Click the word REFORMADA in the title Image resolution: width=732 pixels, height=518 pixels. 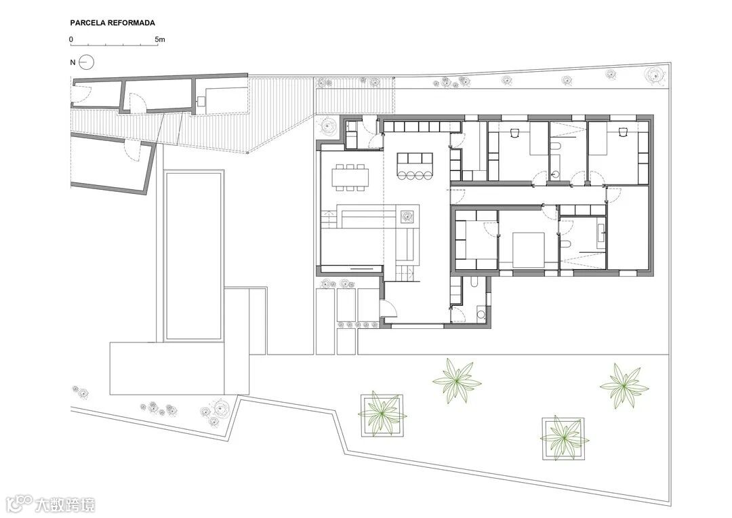131,22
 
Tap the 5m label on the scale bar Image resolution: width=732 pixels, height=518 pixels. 160,40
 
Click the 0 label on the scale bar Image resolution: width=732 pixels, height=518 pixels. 71,40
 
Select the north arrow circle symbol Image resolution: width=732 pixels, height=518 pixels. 86,62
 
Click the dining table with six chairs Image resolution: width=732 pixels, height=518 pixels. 350,177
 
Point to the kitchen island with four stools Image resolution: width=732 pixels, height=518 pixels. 415,165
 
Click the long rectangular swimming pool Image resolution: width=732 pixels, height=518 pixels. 194,256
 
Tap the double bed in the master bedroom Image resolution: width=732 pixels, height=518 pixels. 528,250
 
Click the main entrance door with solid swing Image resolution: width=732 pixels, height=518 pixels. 388,310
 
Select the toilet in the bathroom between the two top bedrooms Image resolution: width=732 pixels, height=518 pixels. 555,148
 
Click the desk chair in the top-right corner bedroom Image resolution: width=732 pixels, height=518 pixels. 622,133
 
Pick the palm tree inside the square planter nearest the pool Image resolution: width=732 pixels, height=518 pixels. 382,415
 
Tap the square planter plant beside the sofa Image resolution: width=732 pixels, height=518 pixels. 407,216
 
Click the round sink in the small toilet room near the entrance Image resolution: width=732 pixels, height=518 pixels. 480,313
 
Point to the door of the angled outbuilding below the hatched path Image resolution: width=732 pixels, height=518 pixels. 131,151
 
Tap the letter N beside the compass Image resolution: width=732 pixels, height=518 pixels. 73,62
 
